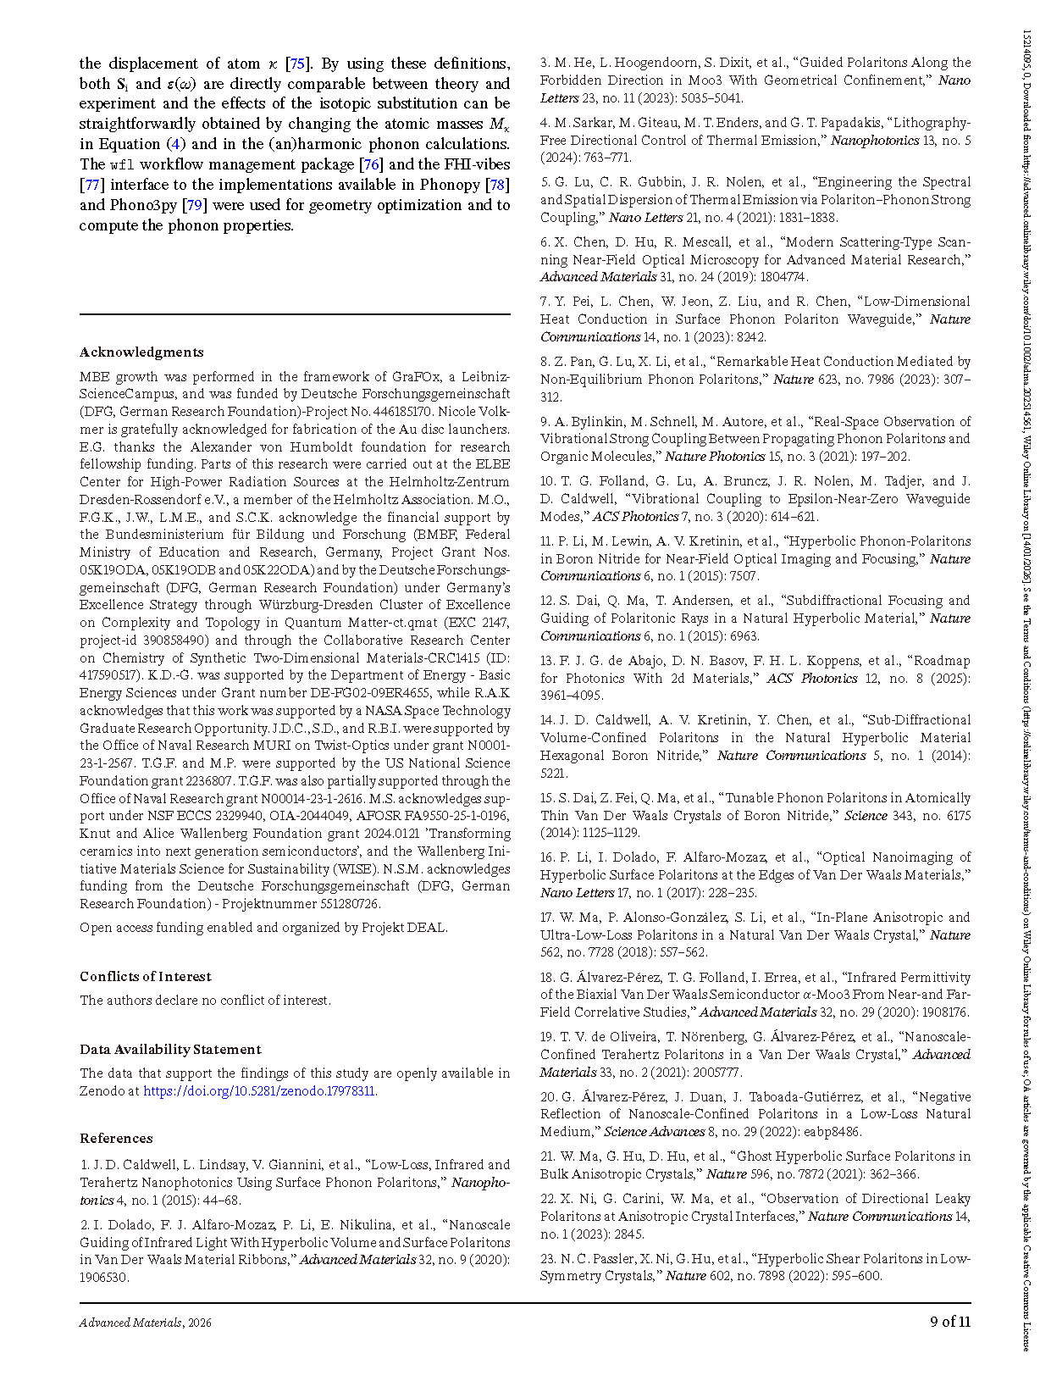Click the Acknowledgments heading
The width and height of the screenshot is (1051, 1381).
click(x=141, y=352)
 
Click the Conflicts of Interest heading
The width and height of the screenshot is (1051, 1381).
click(x=146, y=976)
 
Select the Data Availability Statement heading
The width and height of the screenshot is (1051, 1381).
click(x=170, y=1049)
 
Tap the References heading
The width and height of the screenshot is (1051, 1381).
click(x=116, y=1138)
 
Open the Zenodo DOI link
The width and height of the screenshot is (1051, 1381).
click(x=260, y=1091)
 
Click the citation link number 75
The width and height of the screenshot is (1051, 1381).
click(x=296, y=64)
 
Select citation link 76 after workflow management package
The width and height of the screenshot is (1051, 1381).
click(x=371, y=164)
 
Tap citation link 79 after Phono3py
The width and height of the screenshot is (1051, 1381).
click(x=195, y=205)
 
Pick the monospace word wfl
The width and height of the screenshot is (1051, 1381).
click(x=122, y=164)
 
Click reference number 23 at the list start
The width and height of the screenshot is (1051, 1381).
click(x=547, y=1258)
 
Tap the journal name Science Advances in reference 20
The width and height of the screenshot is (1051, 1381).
click(x=654, y=1131)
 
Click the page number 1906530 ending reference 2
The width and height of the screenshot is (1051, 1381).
click(x=105, y=1277)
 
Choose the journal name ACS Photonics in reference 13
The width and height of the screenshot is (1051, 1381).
click(x=812, y=678)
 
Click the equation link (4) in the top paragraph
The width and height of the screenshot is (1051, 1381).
click(x=175, y=144)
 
